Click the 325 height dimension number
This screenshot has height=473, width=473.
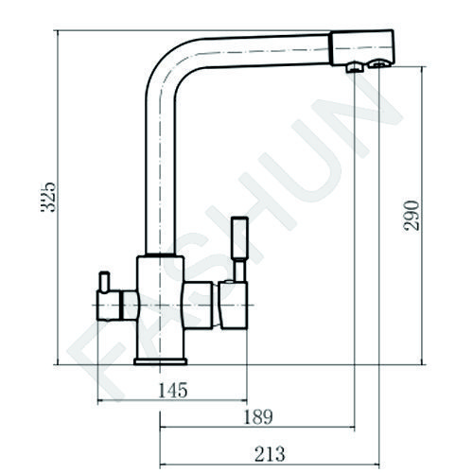click(48, 197)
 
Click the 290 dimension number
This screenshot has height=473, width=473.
click(412, 216)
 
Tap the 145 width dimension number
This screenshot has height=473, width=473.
click(172, 390)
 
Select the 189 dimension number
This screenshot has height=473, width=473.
click(258, 417)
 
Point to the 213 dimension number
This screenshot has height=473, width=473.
click(270, 454)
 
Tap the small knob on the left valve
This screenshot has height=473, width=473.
click(104, 281)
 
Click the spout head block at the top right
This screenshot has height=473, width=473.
click(362, 48)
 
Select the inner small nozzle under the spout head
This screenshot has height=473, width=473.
click(356, 67)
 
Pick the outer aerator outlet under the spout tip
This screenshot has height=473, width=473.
click(379, 63)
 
